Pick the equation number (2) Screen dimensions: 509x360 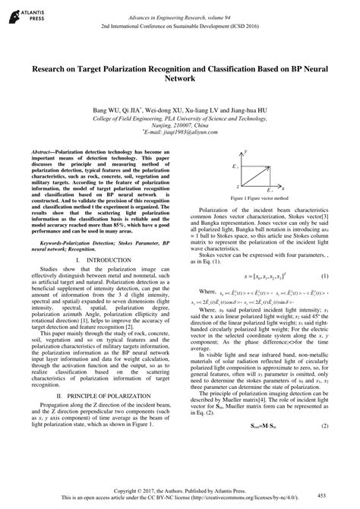(325, 447)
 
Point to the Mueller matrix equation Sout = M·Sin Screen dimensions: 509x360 (261, 447)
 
